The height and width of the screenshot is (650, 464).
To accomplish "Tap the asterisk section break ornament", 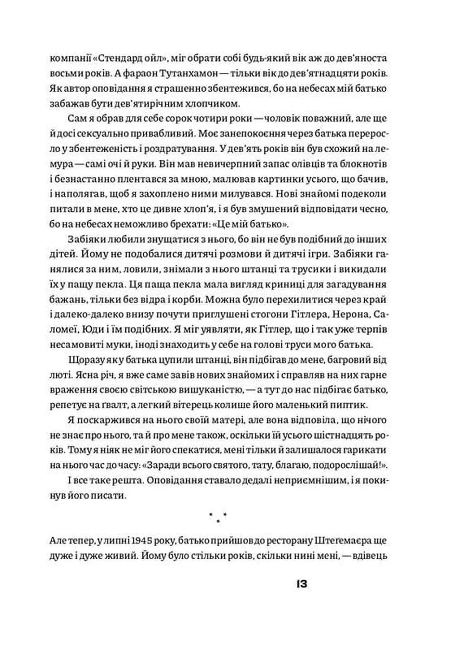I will (218, 517).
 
